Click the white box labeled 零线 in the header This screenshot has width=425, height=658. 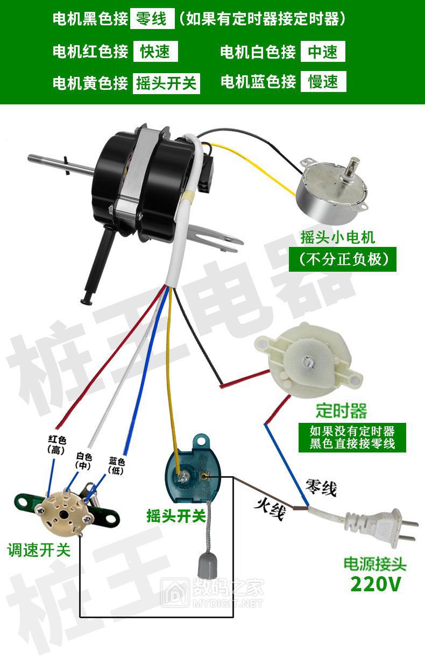point(152,18)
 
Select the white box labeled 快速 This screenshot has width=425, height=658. point(155,52)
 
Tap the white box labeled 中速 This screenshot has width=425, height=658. point(323,52)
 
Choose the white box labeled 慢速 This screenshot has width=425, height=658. point(323,81)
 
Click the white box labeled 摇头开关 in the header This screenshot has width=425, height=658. point(166,83)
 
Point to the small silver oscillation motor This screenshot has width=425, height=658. point(332,185)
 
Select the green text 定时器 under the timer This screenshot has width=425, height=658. point(341,411)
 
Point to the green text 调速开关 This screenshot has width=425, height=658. point(39,550)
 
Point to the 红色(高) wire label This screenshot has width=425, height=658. point(56,445)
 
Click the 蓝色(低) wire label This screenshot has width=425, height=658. point(116,466)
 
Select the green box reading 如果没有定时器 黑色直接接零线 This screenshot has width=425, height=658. point(352,437)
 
